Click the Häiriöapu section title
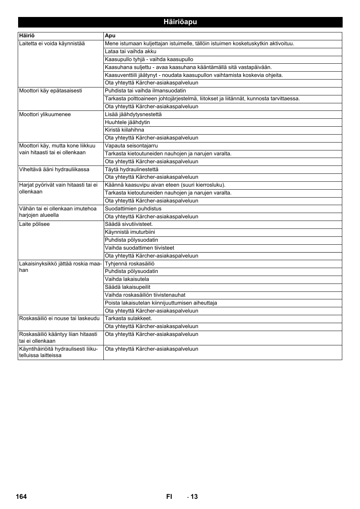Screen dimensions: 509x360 180,22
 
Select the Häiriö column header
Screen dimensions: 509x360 27,36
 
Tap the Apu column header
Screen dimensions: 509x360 110,36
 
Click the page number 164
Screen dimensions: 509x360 22,497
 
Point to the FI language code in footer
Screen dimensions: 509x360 169,497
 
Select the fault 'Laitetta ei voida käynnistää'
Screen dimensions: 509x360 52,44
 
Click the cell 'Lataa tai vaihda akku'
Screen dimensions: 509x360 131,52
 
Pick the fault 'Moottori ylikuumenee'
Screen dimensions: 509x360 45,115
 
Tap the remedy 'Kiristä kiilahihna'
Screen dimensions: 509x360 125,130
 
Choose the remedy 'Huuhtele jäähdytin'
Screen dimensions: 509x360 128,123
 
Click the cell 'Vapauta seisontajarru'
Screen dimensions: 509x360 131,146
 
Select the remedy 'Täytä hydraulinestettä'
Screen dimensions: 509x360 132,170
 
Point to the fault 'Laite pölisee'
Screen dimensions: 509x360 34,224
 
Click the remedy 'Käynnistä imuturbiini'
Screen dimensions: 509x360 130,232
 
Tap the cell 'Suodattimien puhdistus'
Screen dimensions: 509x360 133,209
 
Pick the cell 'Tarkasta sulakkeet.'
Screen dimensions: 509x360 128,319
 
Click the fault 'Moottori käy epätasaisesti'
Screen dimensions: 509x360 51,91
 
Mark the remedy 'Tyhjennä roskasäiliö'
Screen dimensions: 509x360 129,264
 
